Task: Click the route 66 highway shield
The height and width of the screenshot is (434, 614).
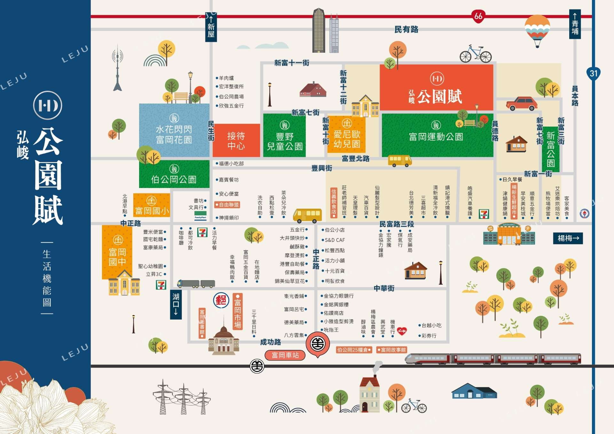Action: point(478,16)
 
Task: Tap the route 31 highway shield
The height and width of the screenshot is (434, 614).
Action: point(594,74)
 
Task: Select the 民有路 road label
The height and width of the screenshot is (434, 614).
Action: point(406,30)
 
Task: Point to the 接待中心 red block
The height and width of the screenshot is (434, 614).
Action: point(236,141)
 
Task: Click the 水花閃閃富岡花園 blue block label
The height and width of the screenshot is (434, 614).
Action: point(174,134)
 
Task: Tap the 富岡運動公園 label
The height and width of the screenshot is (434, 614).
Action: point(436,137)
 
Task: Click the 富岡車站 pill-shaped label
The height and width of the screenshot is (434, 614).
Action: point(285,355)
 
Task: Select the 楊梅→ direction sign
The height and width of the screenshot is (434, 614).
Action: point(568,238)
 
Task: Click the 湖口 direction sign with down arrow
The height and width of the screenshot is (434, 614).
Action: point(176,305)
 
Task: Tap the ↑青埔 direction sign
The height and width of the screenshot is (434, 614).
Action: point(575,24)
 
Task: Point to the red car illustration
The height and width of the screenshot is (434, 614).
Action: point(522,103)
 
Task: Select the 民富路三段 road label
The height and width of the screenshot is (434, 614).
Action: point(397,224)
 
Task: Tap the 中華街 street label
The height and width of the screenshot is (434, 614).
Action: point(384,288)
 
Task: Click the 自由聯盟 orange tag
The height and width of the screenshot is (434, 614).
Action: point(227,205)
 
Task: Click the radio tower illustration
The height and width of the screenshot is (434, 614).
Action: point(117,69)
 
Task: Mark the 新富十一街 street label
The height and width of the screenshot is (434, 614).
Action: point(292,63)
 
